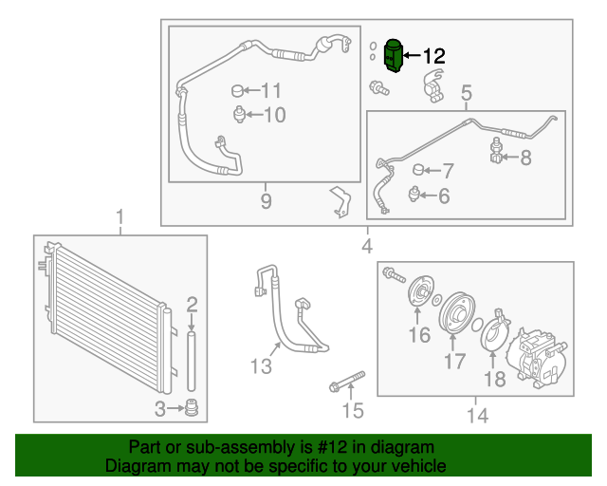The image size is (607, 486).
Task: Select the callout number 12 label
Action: click(x=432, y=57)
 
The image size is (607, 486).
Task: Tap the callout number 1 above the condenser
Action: click(x=120, y=218)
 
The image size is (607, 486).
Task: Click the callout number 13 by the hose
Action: click(x=261, y=366)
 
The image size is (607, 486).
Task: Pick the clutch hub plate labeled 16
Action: click(x=418, y=293)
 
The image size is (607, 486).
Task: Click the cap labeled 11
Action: click(x=237, y=91)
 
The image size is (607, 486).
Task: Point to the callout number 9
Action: click(x=266, y=200)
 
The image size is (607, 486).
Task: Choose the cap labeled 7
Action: click(x=418, y=171)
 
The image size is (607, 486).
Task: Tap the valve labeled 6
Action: click(x=415, y=195)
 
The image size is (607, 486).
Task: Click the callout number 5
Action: click(x=466, y=93)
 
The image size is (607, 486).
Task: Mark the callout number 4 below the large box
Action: click(x=367, y=248)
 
